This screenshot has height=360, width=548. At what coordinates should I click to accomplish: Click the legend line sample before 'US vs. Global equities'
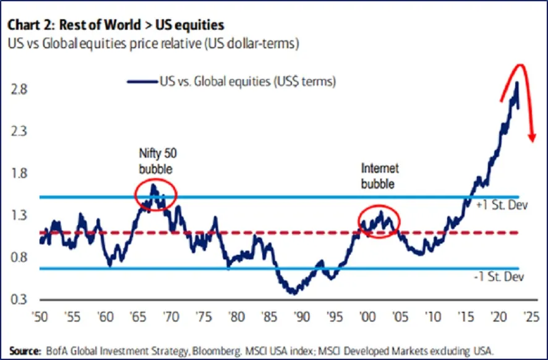(x=142, y=81)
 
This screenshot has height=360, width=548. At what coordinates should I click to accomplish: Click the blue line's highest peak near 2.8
(x=516, y=83)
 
